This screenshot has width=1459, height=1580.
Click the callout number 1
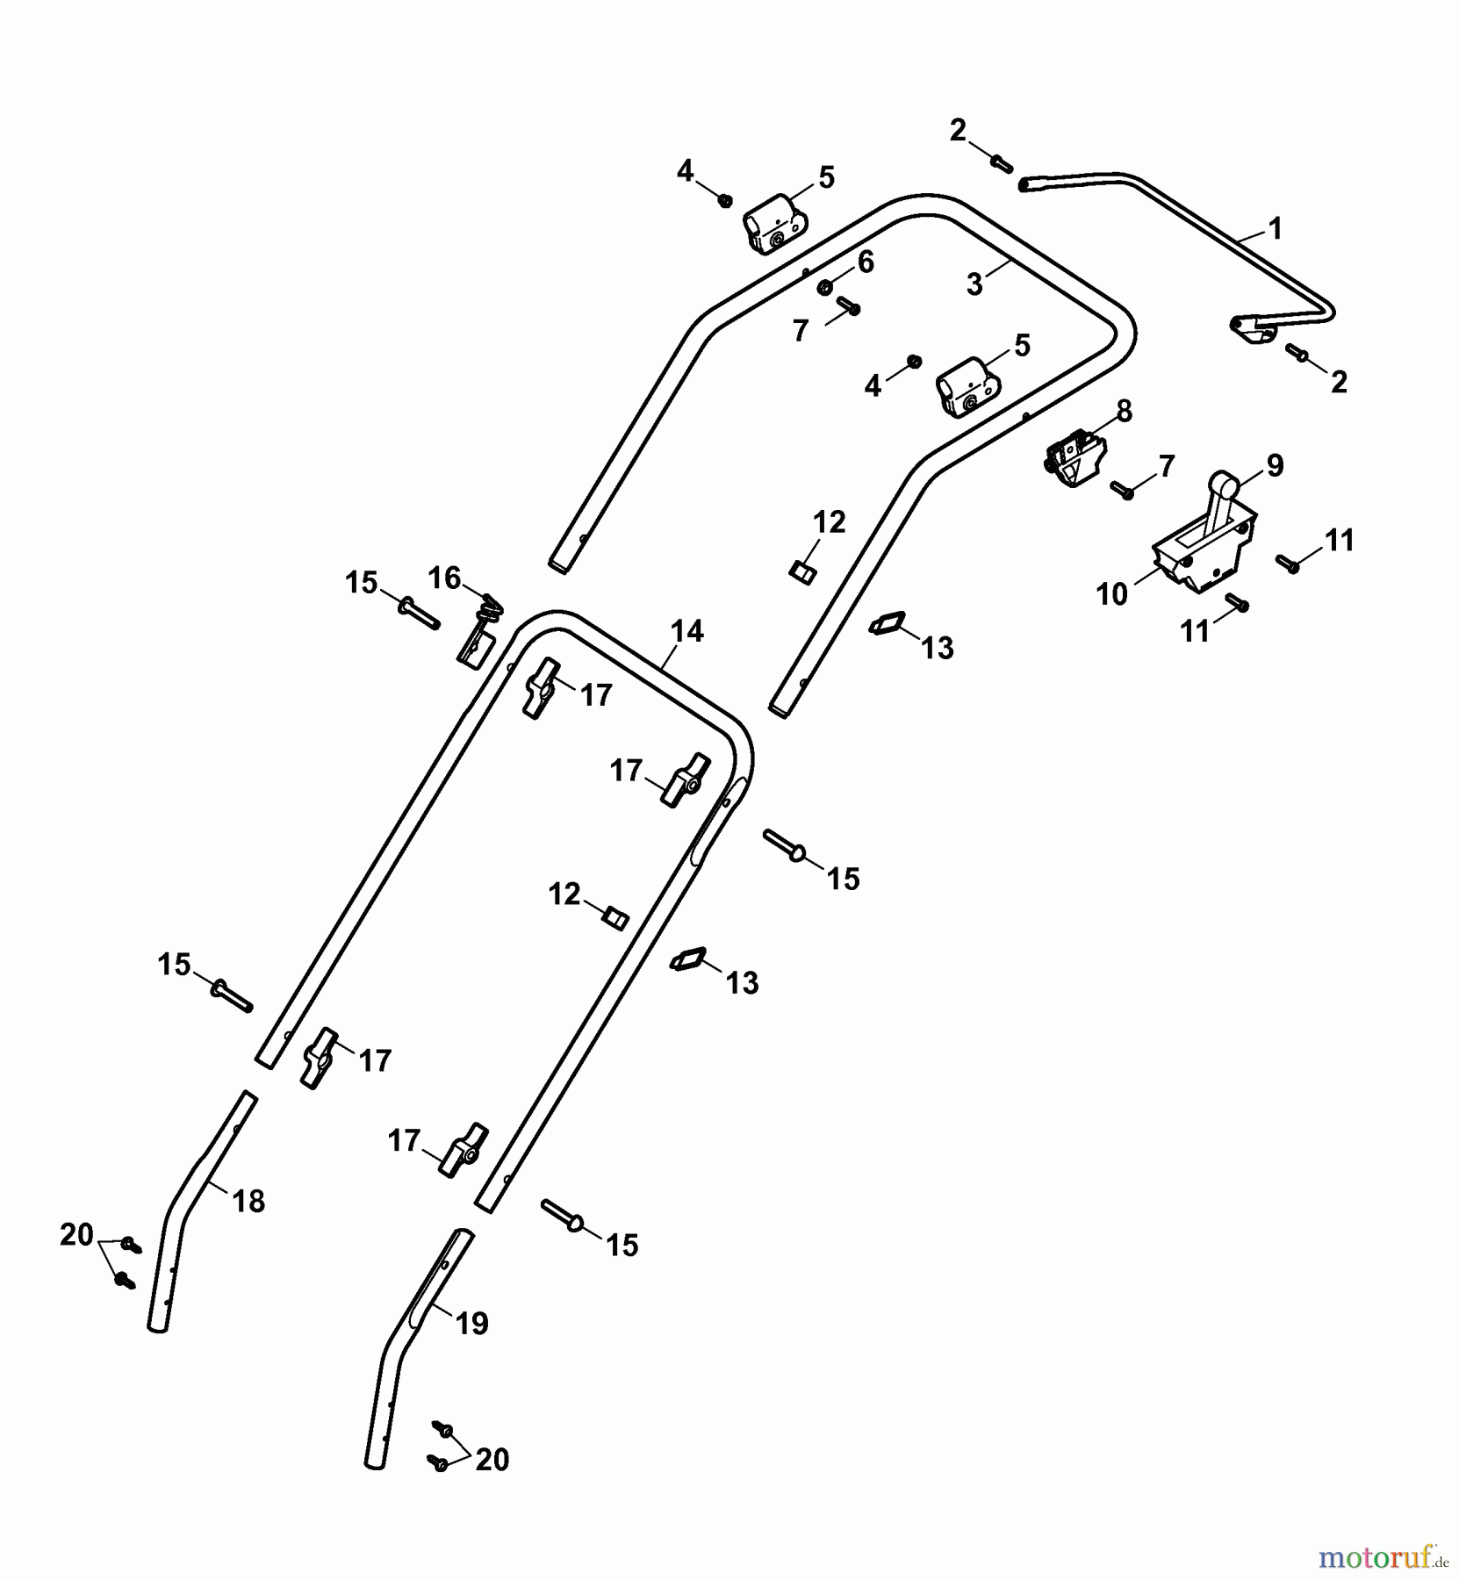1276,229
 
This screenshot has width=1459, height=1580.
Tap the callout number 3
974,284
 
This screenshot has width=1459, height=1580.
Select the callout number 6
866,262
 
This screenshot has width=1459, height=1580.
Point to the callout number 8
1124,411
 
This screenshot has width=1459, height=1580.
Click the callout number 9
1275,464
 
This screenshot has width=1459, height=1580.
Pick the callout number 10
1111,594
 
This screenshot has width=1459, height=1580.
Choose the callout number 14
686,631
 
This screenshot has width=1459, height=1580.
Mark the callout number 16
444,578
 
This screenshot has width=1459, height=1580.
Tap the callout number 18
249,1201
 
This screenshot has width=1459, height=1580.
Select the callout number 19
472,1323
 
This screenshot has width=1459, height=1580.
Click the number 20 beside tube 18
76,1235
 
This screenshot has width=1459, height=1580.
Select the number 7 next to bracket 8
1166,466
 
